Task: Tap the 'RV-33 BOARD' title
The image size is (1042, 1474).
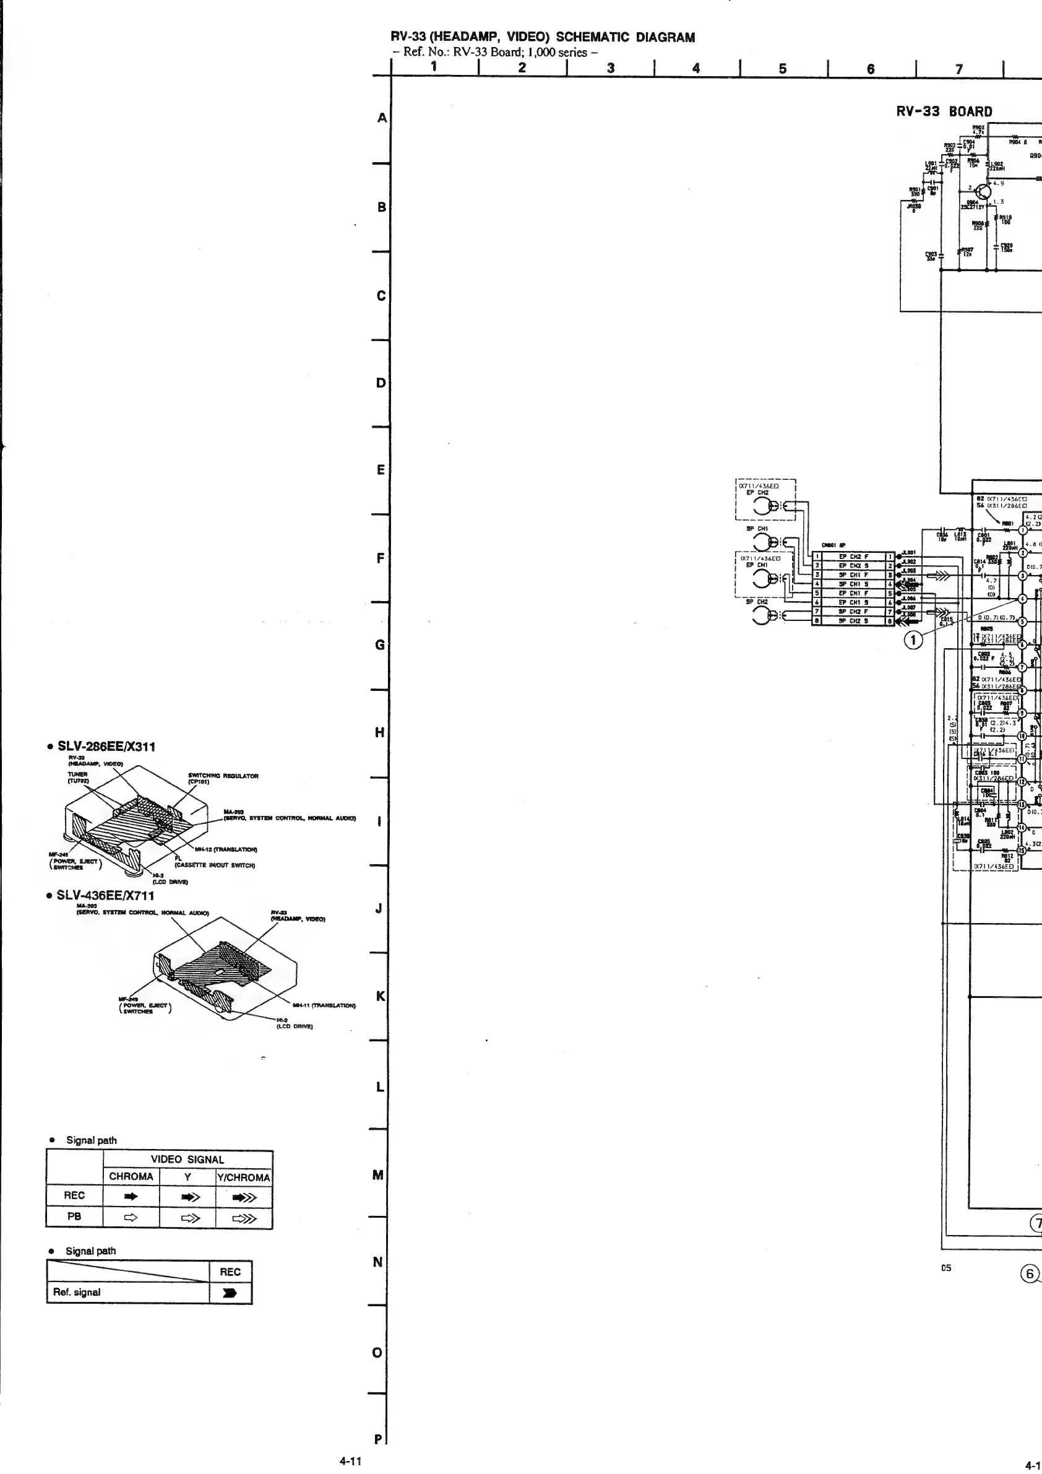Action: coord(944,111)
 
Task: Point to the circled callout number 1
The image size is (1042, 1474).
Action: coord(914,638)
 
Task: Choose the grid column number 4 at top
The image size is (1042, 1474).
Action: coord(696,67)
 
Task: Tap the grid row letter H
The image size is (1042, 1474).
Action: coord(379,732)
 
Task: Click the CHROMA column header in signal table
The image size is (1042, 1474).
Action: coord(131,1177)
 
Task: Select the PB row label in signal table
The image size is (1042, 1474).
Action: coord(74,1216)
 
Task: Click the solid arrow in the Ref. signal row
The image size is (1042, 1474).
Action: coord(230,1293)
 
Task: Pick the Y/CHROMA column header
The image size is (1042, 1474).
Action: coord(244,1177)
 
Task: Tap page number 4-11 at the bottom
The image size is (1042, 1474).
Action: coord(350,1460)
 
